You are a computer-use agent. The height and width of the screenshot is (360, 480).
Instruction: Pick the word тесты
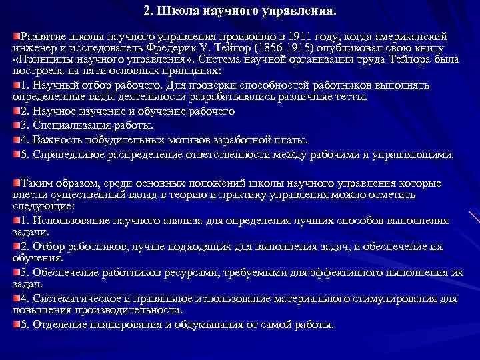pyautogui.click(x=347, y=98)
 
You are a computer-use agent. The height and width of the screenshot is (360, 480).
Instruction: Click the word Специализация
pyautogui.click(x=67, y=125)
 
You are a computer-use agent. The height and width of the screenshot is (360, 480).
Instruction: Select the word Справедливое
pyautogui.click(x=67, y=155)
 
